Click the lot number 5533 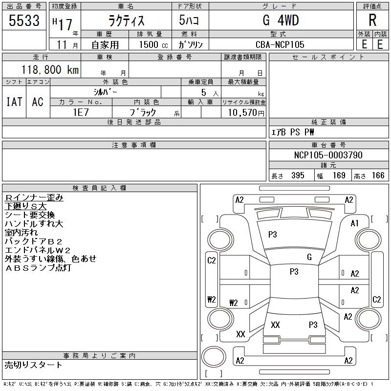tap(24, 21)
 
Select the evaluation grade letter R tap(372, 20)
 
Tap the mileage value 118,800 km tap(50, 69)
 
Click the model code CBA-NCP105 tap(280, 44)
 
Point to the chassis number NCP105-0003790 tap(328, 155)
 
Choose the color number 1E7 tap(81, 112)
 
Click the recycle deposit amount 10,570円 tap(246, 113)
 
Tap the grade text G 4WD tap(281, 20)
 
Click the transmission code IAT tap(14, 102)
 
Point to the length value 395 tap(298, 175)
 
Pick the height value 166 tap(378, 175)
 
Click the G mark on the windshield tap(309, 257)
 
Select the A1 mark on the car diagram tap(354, 223)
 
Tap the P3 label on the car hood tap(273, 235)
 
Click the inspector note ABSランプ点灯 tap(38, 268)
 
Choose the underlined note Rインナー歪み tap(34, 198)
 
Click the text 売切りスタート tap(33, 365)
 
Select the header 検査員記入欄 tap(100, 188)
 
